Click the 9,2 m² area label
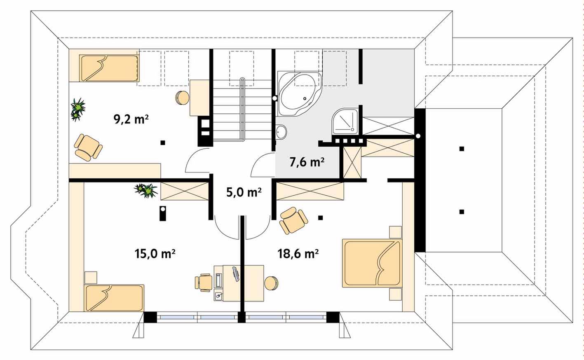(131, 119)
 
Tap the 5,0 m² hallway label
(244, 192)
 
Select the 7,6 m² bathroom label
(307, 162)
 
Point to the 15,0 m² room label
(155, 253)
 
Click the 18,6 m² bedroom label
(298, 253)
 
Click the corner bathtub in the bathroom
(299, 94)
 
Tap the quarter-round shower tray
(345, 122)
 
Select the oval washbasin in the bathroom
(281, 132)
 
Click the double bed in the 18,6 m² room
(371, 263)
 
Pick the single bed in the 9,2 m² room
(109, 68)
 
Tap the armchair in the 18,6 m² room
(293, 220)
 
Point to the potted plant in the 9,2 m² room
(78, 110)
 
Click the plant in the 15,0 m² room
(146, 190)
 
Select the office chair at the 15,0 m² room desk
(203, 283)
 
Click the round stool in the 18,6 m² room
(271, 283)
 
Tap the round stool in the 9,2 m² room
(182, 98)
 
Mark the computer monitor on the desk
(236, 274)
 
